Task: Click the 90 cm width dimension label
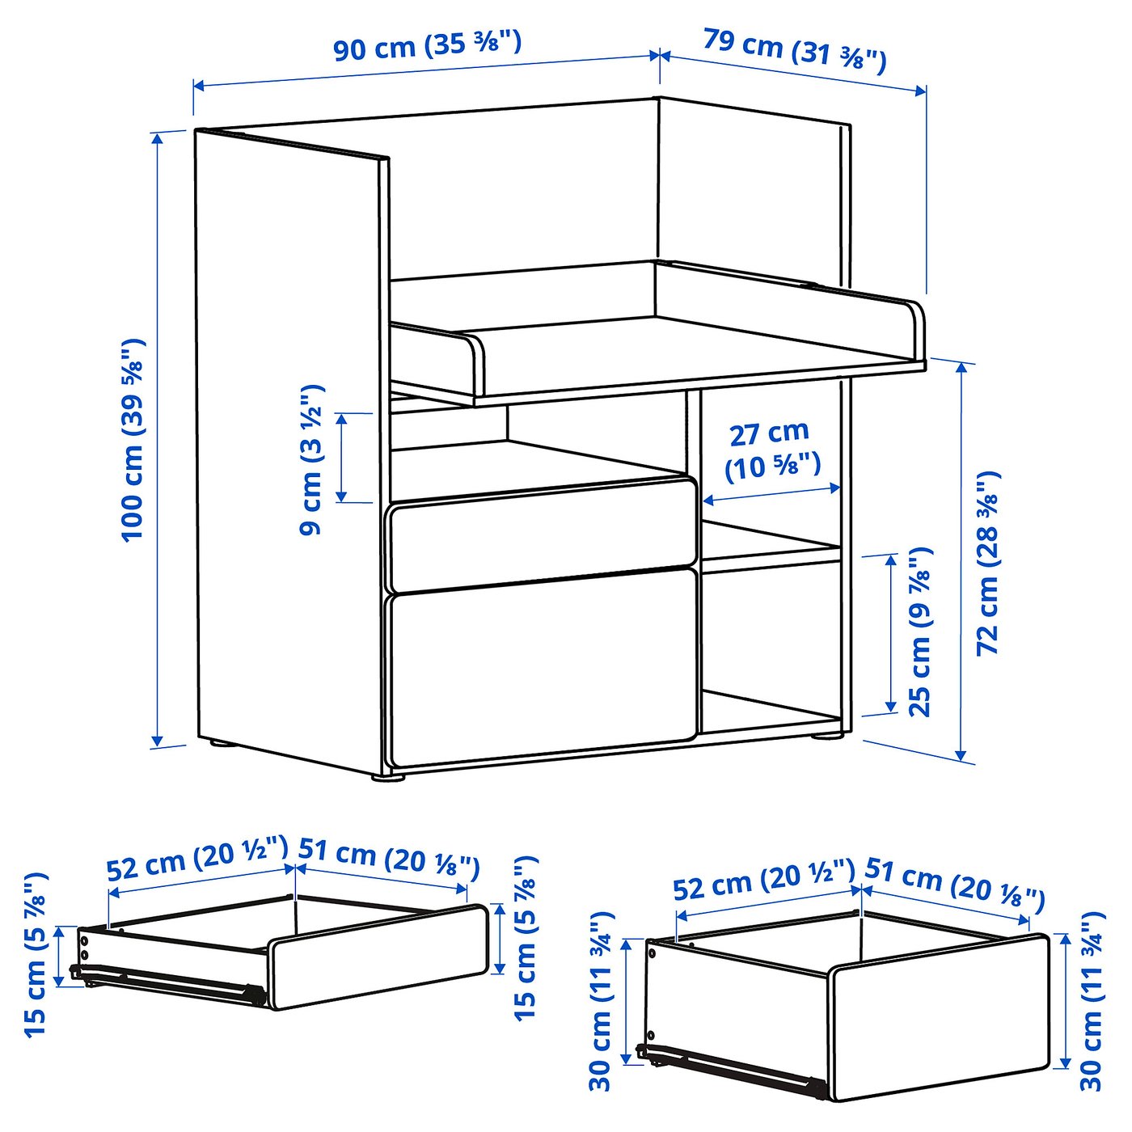tap(427, 45)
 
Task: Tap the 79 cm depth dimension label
tap(794, 49)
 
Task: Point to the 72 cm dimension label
tap(988, 562)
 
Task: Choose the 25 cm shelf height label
tap(921, 631)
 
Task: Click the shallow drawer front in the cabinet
tap(542, 531)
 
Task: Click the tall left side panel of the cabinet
tap(287, 453)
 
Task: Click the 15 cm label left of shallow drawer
tap(37, 954)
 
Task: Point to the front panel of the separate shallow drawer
tap(380, 958)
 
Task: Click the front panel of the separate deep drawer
tap(938, 1019)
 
